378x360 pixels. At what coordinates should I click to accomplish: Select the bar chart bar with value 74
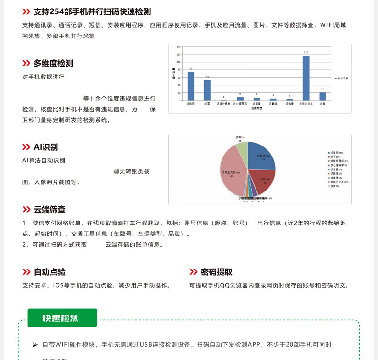click(191, 86)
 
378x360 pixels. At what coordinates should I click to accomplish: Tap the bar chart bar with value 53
click(207, 90)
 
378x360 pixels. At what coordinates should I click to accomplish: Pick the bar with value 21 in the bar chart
click(322, 96)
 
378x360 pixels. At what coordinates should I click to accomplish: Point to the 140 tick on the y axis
click(178, 47)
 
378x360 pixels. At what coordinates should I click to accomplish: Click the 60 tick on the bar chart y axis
click(178, 77)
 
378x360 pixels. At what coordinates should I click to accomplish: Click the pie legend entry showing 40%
click(338, 182)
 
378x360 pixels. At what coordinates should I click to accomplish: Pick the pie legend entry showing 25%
click(336, 152)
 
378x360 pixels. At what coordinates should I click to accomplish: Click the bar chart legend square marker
click(336, 78)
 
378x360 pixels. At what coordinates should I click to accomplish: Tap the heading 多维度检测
click(53, 63)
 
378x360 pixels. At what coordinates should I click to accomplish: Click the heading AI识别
click(45, 147)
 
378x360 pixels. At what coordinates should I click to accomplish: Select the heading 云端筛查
click(49, 209)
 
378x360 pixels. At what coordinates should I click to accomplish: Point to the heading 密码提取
click(216, 272)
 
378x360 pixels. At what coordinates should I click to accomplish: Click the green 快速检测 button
click(62, 318)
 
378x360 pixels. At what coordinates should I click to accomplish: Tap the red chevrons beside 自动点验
click(26, 272)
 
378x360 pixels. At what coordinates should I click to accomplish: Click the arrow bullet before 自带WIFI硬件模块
click(35, 344)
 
